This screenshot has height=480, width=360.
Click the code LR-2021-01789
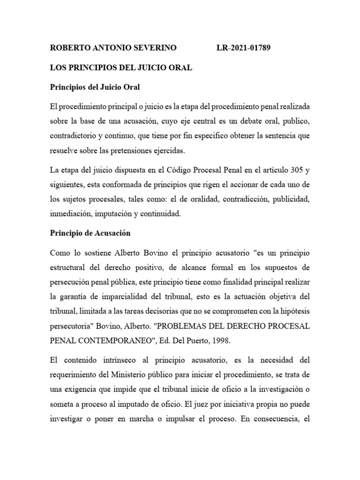[x=243, y=48]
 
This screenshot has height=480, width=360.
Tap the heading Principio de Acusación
[x=90, y=233]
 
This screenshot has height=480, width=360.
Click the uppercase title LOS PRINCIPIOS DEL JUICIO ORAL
[x=121, y=67]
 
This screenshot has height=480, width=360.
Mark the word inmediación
[x=71, y=214]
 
